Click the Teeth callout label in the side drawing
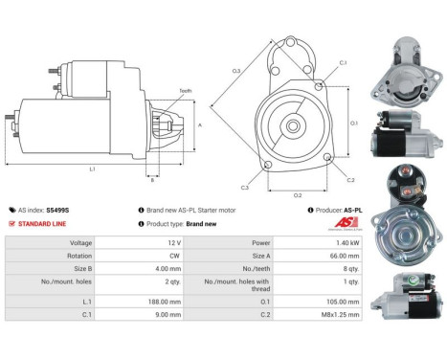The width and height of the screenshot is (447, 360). coord(184,90)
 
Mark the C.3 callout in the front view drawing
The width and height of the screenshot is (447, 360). coord(245,188)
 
